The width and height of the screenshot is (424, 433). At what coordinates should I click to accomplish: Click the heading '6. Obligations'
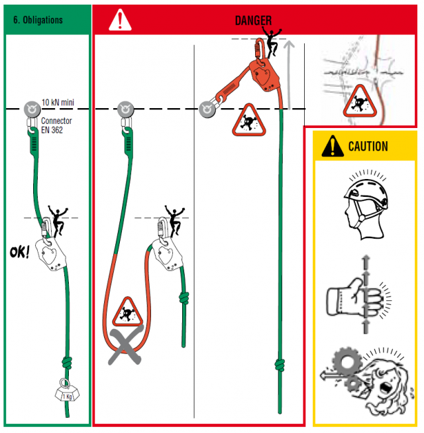pos(38,20)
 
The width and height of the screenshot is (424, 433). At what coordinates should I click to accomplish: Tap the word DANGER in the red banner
pos(253,21)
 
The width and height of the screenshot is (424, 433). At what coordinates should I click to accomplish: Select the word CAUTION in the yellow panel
pos(368,146)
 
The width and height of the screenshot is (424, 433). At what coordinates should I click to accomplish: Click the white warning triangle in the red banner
pos(120,21)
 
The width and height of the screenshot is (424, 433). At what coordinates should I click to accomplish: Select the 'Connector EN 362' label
pos(56,126)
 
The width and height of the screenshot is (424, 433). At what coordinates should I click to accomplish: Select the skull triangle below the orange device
pos(248,120)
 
